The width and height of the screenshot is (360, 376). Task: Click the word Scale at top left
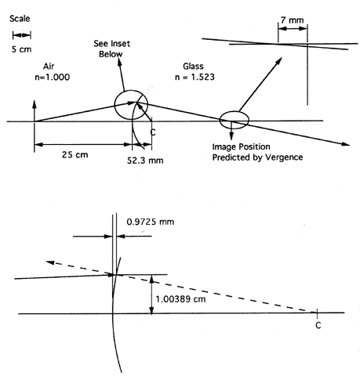coord(20,19)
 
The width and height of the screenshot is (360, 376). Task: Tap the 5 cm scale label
coord(21,49)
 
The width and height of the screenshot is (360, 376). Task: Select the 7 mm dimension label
coord(293,20)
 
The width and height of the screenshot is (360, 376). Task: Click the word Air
coord(49,67)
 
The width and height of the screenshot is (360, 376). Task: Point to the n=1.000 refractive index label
coord(53,78)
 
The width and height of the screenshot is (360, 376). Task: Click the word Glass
coord(193,67)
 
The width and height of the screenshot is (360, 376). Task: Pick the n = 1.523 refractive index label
coord(195,77)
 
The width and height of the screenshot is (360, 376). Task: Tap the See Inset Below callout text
coord(111,49)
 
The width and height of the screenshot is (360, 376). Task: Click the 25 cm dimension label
coord(75,154)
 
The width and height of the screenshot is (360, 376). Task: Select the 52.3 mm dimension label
coord(145,160)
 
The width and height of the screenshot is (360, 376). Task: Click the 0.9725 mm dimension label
coord(151,222)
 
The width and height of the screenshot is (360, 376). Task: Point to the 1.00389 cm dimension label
coord(180,299)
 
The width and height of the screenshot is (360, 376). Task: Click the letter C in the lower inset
coord(318,325)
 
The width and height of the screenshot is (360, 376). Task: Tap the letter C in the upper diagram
coord(153,132)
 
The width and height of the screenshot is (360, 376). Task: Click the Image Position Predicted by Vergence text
coord(257,152)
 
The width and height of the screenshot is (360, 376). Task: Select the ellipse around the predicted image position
coord(234,111)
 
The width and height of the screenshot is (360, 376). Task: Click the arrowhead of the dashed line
coord(49,262)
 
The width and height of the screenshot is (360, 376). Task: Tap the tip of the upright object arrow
coord(35,100)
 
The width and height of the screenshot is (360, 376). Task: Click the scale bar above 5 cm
coord(22,35)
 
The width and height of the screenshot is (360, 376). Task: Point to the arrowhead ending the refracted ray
coord(347,144)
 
